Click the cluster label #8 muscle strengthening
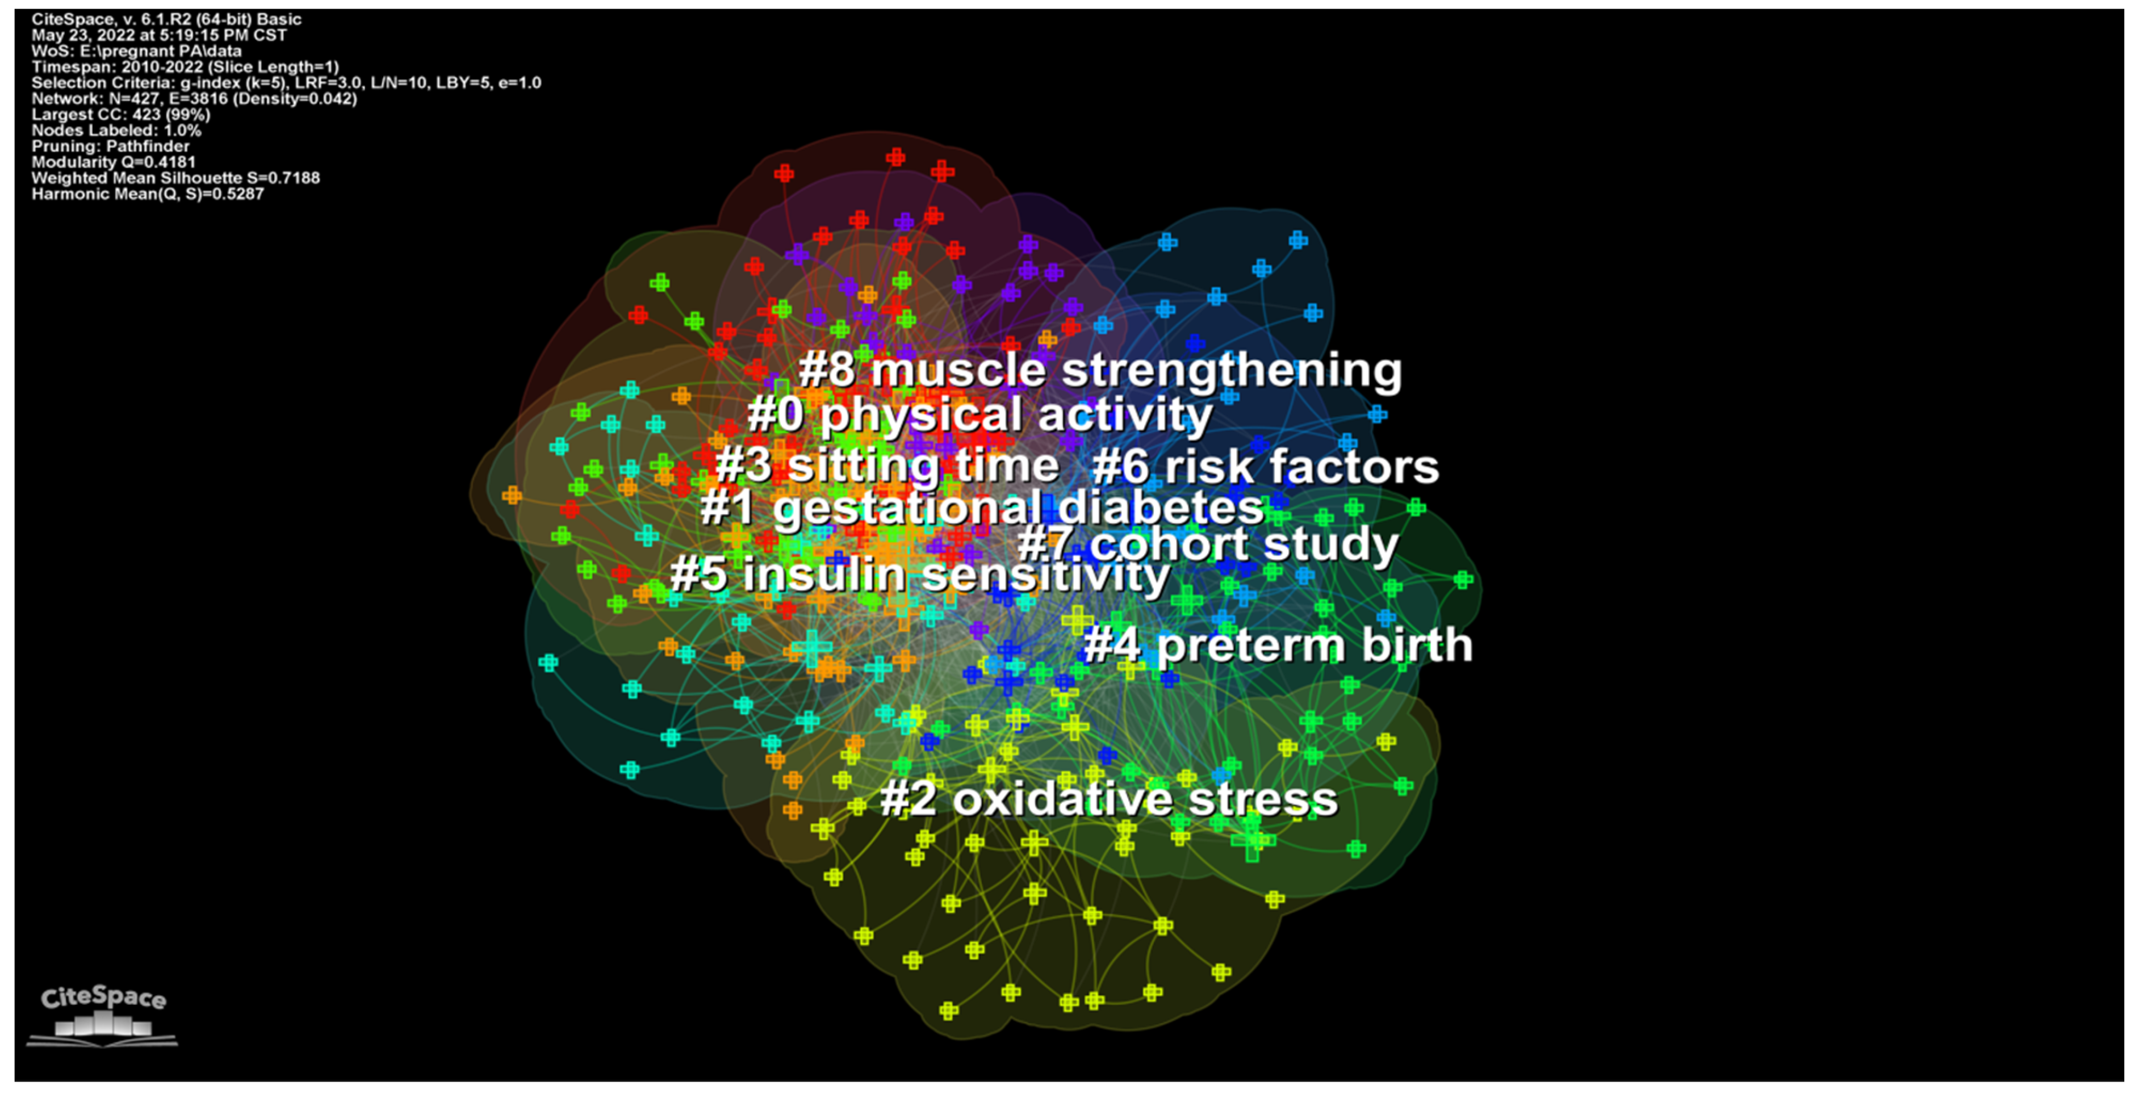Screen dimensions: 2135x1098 (x=1100, y=370)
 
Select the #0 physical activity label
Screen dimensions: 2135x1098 (x=979, y=414)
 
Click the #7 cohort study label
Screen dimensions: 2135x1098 (x=1208, y=545)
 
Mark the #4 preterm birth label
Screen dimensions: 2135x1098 (x=1278, y=646)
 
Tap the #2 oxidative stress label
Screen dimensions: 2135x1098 (x=1109, y=800)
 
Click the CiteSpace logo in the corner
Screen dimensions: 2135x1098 (x=103, y=1015)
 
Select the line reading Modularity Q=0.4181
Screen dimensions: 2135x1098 (x=114, y=162)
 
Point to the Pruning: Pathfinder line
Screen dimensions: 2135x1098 (x=110, y=146)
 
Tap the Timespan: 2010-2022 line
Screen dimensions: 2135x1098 (x=185, y=66)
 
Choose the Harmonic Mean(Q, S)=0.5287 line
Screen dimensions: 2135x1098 (x=148, y=194)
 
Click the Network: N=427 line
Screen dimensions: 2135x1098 (x=194, y=99)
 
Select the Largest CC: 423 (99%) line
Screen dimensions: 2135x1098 (x=121, y=114)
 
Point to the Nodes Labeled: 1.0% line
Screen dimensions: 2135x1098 (x=116, y=130)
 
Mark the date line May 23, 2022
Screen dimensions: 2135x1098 (x=159, y=35)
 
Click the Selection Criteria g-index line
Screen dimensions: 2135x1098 (x=286, y=83)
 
